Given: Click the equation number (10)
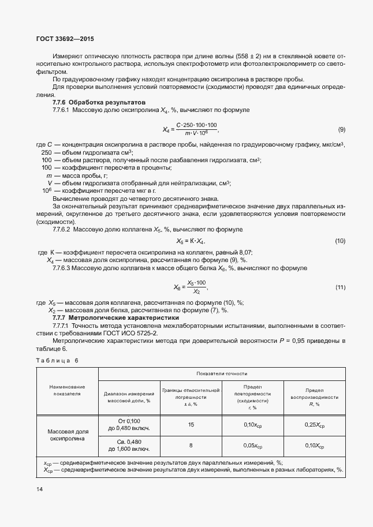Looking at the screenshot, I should click(x=340, y=240).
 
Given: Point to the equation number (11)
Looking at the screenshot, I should click(x=340, y=287).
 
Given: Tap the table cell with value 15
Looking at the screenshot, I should click(x=191, y=424).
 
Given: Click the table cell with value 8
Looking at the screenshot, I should click(x=191, y=446).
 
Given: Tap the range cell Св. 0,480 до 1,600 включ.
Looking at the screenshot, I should click(x=130, y=446).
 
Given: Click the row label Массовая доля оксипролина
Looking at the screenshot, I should click(x=67, y=435).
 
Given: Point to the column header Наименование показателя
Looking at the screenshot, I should click(x=67, y=390).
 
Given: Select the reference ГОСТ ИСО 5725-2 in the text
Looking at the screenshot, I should click(x=129, y=333).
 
